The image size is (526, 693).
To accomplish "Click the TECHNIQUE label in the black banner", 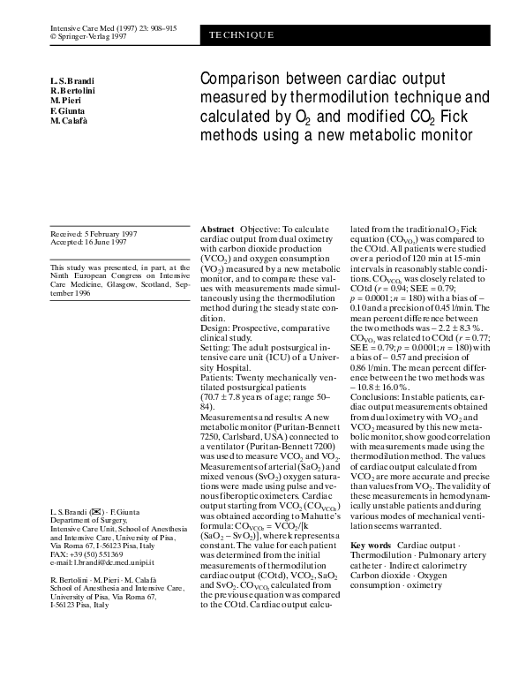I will coord(242,35).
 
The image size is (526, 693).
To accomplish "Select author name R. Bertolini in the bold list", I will coord(76,92).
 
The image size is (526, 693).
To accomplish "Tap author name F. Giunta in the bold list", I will coord(69,111).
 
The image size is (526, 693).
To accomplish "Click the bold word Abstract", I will coord(218,229).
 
